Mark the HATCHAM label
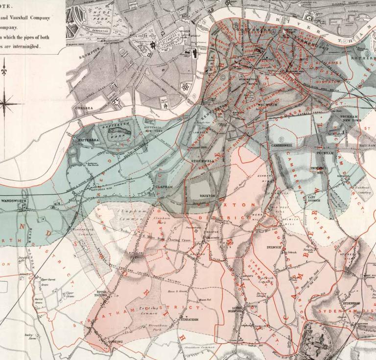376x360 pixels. click(x=368, y=145)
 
